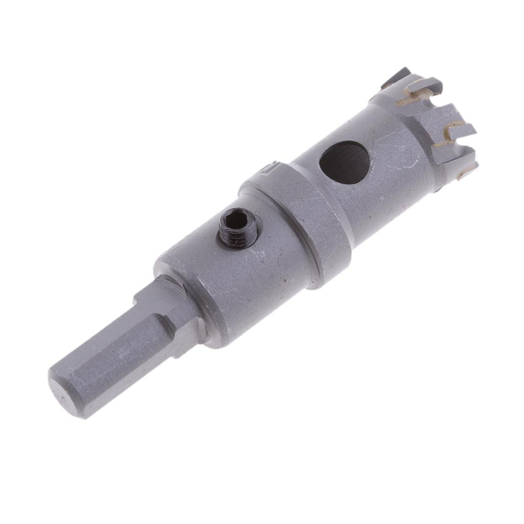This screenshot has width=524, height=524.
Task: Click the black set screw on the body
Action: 238,228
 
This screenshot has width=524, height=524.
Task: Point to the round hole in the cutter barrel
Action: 344,162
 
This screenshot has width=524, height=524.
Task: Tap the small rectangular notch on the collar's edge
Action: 273,167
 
